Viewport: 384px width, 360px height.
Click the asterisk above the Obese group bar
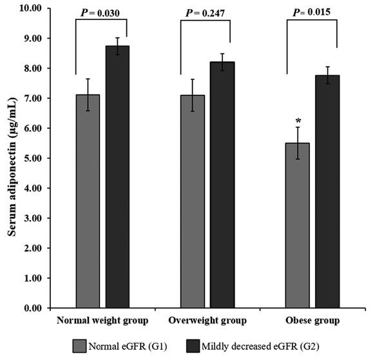click(x=298, y=120)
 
